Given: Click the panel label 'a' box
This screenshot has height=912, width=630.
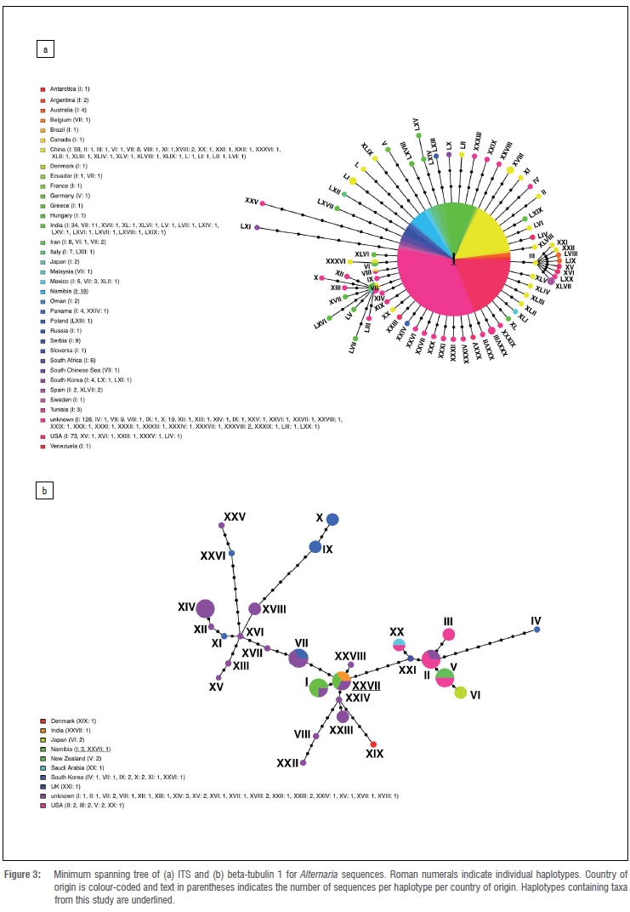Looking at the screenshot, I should point(45,49).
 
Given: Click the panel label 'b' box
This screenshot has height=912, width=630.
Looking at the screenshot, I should point(45,490).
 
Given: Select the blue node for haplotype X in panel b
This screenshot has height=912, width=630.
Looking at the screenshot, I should point(333,519).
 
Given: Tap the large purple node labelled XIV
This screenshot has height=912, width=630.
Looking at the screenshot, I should point(205,608).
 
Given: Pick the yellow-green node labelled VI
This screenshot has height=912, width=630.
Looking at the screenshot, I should point(461,693).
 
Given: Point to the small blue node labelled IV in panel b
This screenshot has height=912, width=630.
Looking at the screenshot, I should point(536,630).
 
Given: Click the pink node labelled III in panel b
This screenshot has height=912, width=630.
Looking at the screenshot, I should point(449,634).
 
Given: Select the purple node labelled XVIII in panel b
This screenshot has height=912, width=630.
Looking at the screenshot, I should point(254,608).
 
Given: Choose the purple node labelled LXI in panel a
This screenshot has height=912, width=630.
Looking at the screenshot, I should point(257,227).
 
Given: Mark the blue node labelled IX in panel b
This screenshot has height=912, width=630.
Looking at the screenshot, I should point(315,547).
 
